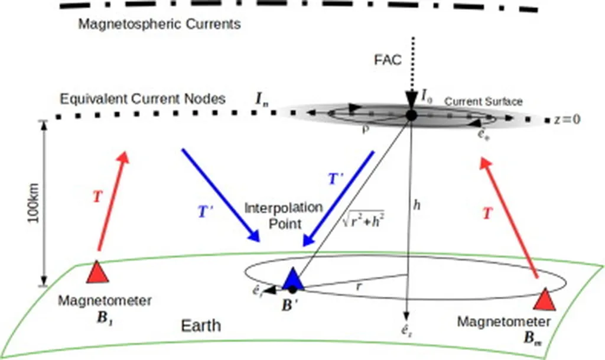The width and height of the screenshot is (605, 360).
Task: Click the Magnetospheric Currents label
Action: (160, 25)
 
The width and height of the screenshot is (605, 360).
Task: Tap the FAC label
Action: (388, 60)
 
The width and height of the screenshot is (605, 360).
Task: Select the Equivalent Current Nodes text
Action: (141, 99)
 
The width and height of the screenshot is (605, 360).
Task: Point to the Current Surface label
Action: (483, 102)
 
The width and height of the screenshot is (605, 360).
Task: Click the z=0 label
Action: (568, 119)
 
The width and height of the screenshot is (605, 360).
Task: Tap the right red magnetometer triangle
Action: (544, 299)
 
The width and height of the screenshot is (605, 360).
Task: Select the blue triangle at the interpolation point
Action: (293, 279)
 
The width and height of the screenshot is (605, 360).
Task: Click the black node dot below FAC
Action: (411, 115)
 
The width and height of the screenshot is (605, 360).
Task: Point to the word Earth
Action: (201, 325)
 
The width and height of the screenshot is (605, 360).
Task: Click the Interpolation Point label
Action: (284, 216)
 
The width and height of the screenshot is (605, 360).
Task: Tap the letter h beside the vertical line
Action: (417, 205)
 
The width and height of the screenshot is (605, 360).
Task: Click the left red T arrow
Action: (111, 201)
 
